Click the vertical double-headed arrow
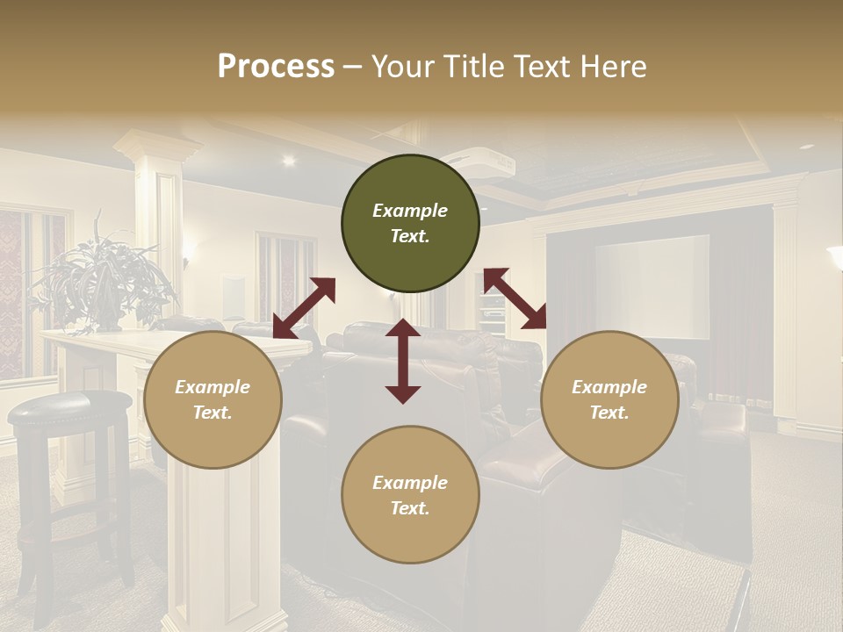click(x=403, y=361)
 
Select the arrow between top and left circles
click(x=304, y=308)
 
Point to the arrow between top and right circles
click(x=515, y=298)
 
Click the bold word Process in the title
click(x=276, y=67)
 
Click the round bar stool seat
click(x=68, y=406)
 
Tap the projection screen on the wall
click(x=652, y=286)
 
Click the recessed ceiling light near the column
click(x=288, y=161)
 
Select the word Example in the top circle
click(x=410, y=211)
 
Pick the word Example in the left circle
click(x=213, y=387)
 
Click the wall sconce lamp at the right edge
click(x=835, y=256)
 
